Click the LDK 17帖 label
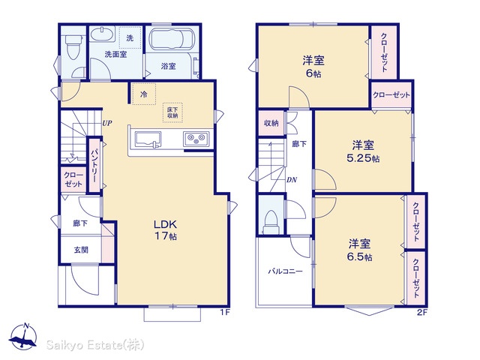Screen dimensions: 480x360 [x=165, y=230]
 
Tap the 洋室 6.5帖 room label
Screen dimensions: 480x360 [x=360, y=250]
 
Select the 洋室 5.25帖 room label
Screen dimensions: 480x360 [x=363, y=151]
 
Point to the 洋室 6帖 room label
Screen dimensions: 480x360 [x=313, y=67]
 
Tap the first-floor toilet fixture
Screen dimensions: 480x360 [x=73, y=46]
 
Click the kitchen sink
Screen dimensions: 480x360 [x=148, y=139]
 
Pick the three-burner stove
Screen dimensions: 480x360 [x=196, y=139]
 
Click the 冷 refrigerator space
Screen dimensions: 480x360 [x=144, y=94]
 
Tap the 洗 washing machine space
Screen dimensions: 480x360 [x=130, y=37]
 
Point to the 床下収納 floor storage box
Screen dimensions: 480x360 [x=172, y=112]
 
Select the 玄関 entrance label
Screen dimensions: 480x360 [x=81, y=250]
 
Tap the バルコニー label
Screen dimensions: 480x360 [x=285, y=271]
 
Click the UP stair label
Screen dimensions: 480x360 [x=107, y=123]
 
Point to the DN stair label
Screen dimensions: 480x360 [x=292, y=180]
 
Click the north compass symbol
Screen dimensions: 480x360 [x=23, y=336]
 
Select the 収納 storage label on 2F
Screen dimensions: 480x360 [x=271, y=123]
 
